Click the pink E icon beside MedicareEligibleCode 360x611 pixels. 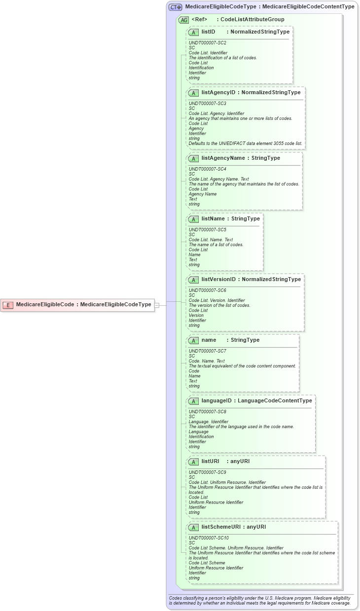pyautogui.click(x=7, y=305)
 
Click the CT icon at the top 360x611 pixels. pyautogui.click(x=176, y=7)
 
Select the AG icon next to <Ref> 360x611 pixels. pyautogui.click(x=183, y=20)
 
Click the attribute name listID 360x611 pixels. pyautogui.click(x=208, y=32)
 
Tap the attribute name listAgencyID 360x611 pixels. pyautogui.click(x=218, y=92)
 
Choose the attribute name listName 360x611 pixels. pyautogui.click(x=213, y=218)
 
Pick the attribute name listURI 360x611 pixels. pyautogui.click(x=210, y=462)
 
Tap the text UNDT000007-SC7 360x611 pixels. pyautogui.click(x=208, y=351)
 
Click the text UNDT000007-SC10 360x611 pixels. pyautogui.click(x=209, y=538)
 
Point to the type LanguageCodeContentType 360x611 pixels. pyautogui.click(x=275, y=400)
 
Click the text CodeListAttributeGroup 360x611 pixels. pyautogui.click(x=252, y=20)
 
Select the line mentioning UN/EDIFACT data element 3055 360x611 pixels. pyautogui.click(x=246, y=144)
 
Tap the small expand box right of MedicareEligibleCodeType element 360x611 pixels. pyautogui.click(x=157, y=305)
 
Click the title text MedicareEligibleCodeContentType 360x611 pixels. pyautogui.click(x=308, y=7)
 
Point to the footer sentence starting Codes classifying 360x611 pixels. pyautogui.click(x=259, y=597)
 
